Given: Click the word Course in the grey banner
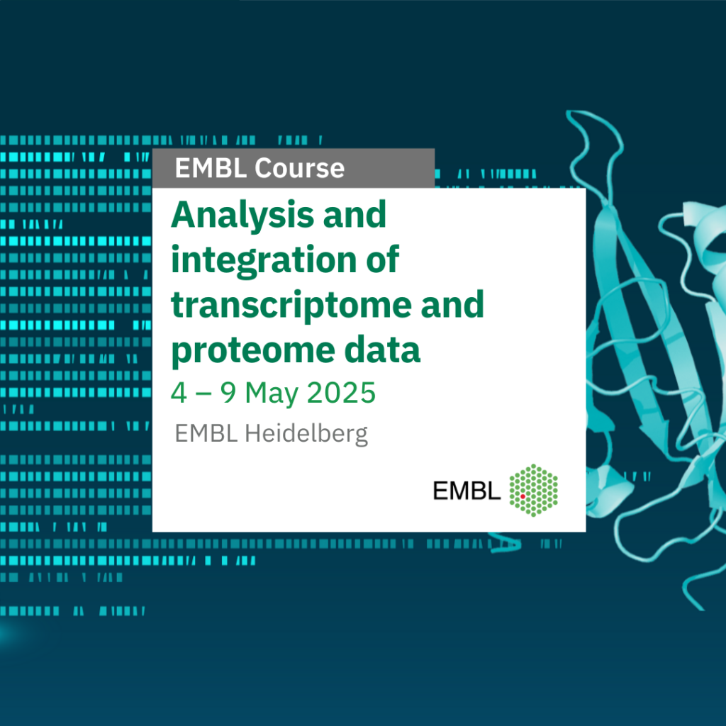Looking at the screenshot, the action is point(300,167).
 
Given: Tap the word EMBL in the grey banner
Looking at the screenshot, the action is point(211,167).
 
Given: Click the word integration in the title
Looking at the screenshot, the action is point(264,260).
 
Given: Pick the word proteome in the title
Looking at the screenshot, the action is point(253,350).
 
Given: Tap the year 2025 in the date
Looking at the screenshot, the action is point(341,393).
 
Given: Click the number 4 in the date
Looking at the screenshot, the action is point(179,393).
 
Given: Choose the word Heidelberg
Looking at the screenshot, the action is point(306,435).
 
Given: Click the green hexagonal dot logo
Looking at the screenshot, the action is point(533,491).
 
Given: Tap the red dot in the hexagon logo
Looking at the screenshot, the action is point(523,496).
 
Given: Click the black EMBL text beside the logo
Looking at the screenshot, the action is point(467,491).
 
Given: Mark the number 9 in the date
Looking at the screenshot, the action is point(228,393).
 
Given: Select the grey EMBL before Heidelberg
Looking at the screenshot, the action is point(206,434).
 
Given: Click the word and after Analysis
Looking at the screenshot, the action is point(354,216).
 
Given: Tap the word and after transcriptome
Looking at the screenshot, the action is point(452,305).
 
